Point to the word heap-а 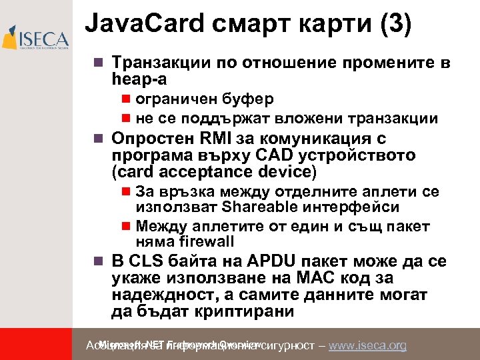coord(139,79)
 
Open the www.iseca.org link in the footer coord(368,345)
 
